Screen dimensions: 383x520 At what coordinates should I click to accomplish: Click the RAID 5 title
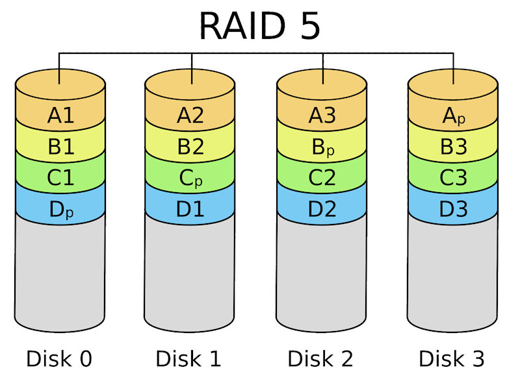click(x=259, y=26)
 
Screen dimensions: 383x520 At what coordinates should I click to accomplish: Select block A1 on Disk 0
click(x=60, y=116)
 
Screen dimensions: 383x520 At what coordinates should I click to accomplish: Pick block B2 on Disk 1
click(x=190, y=147)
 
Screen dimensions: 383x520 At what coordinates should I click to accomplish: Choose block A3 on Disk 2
click(x=323, y=116)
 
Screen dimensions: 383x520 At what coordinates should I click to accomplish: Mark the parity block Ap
click(x=454, y=116)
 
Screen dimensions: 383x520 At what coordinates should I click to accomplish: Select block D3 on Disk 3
click(x=454, y=208)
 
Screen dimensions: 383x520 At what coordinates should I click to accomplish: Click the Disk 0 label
click(x=59, y=358)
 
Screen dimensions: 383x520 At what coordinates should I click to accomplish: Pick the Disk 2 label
click(x=320, y=358)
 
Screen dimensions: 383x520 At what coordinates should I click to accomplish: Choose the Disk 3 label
click(x=451, y=358)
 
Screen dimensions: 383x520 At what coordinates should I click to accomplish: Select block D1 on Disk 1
click(x=190, y=208)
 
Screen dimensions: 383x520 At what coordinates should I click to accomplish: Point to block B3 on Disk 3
click(x=454, y=147)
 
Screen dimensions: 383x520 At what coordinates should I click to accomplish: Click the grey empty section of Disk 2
click(x=323, y=273)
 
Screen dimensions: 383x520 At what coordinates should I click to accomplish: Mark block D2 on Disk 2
click(x=323, y=208)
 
